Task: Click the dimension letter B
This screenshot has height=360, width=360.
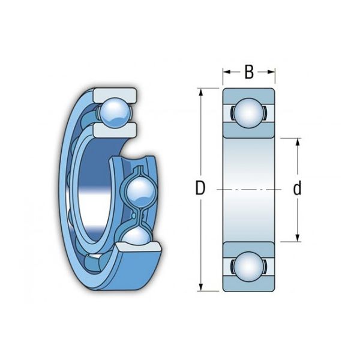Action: [x=249, y=72]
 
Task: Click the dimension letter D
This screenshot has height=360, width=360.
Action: [x=200, y=188]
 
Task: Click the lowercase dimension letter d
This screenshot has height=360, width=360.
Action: [x=298, y=188]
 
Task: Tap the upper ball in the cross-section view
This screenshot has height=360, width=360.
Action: [x=249, y=113]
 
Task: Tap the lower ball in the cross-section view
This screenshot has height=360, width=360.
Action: [x=249, y=266]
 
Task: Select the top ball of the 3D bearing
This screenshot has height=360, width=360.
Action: [x=115, y=113]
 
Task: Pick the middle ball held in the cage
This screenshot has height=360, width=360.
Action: [x=141, y=193]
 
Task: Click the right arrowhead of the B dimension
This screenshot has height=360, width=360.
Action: [x=271, y=72]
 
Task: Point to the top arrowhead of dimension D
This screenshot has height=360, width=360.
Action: [x=201, y=92]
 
